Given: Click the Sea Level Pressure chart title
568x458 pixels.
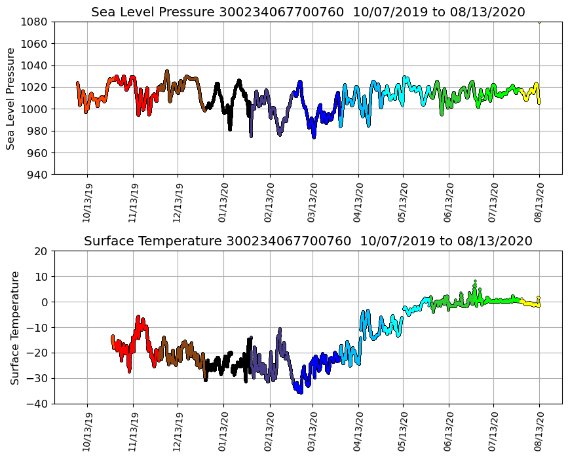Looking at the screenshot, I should (x=308, y=12).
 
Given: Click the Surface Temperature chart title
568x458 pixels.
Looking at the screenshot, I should (x=308, y=241).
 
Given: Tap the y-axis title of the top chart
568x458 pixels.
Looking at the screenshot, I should (x=12, y=98).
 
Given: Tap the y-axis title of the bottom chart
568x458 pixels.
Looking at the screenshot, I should (x=14, y=327).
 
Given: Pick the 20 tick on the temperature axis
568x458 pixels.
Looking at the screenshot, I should (x=41, y=251).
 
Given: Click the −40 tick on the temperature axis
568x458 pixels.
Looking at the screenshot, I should (x=38, y=404).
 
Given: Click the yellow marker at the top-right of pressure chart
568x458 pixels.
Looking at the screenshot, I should (x=539, y=22).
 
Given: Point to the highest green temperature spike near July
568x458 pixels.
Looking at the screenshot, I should (x=475, y=282).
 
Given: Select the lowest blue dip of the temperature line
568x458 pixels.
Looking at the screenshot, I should (x=300, y=392).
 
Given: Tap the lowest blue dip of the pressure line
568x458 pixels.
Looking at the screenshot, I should (x=314, y=137).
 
